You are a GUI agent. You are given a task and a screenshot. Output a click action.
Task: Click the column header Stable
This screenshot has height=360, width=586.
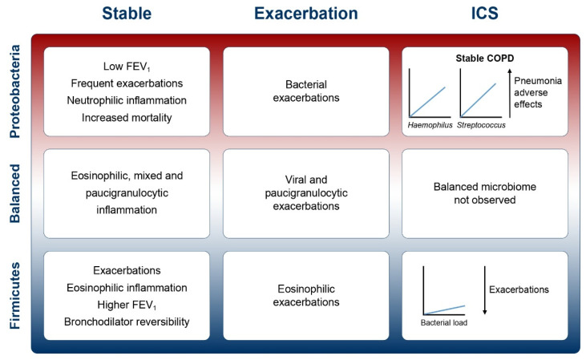click(x=127, y=14)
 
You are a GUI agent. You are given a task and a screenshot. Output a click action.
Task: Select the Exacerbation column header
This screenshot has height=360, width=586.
click(x=306, y=14)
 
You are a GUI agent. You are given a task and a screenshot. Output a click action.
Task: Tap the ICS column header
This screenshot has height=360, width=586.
click(x=485, y=14)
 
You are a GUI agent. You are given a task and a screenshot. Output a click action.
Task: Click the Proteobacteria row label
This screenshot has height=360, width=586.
click(x=15, y=91)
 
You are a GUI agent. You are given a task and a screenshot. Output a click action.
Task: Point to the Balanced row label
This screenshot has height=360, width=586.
click(x=15, y=193)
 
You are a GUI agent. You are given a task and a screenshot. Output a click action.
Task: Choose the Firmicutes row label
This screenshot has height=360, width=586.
click(x=15, y=296)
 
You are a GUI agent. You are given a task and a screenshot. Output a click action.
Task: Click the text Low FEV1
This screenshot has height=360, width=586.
click(x=127, y=67)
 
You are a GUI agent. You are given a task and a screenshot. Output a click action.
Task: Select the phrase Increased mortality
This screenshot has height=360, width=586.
click(x=127, y=117)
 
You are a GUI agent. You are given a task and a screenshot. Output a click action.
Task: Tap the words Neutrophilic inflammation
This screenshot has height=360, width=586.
click(x=127, y=100)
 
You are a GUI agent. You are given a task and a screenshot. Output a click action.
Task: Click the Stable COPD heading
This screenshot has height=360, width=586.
click(x=485, y=59)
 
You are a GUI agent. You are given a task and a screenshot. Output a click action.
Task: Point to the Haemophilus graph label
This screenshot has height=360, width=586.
click(x=430, y=125)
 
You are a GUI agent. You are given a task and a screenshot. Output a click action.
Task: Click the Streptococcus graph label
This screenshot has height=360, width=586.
click(x=481, y=125)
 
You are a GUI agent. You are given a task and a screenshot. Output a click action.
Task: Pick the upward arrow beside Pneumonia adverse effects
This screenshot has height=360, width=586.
click(x=509, y=93)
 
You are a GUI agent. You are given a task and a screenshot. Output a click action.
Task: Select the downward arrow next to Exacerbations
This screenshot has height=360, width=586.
click(x=485, y=290)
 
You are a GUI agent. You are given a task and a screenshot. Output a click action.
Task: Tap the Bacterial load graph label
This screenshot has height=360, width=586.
click(x=444, y=322)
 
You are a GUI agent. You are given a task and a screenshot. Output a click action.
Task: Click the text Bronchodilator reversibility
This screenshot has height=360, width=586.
click(x=127, y=322)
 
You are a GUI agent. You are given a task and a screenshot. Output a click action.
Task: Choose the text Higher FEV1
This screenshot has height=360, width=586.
click(x=127, y=305)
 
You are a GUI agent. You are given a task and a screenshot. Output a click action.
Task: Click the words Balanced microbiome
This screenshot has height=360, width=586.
click(x=485, y=187)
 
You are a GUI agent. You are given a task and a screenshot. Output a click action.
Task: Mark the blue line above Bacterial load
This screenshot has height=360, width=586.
click(x=445, y=310)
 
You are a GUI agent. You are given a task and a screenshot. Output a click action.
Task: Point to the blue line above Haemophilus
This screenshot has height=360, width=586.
click(x=428, y=102)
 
